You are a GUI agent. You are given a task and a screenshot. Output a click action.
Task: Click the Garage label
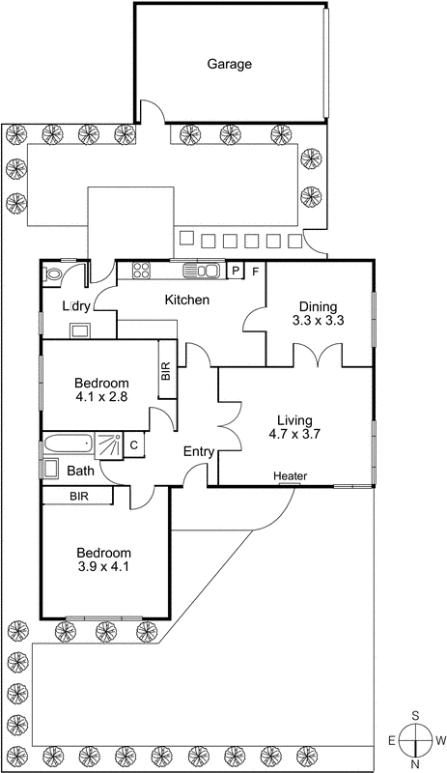tap(229, 65)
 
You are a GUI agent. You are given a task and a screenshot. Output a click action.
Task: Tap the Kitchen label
tap(186, 301)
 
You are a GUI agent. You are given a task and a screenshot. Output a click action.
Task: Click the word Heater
tap(290, 476)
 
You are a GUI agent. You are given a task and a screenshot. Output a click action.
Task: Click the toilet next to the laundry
tap(54, 274)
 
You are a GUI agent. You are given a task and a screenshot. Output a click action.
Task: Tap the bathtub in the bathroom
tap(67, 445)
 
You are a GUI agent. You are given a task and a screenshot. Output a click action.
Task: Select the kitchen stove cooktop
tap(142, 270)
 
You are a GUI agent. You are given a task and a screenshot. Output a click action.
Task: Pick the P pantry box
tap(236, 271)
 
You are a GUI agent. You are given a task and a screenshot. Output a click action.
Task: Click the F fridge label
tap(256, 271)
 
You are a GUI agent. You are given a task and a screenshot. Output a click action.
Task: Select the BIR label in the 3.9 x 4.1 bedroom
tap(78, 496)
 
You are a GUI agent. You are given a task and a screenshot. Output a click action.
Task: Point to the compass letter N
tap(415, 763)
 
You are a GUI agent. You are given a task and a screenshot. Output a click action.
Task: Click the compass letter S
tap(415, 716)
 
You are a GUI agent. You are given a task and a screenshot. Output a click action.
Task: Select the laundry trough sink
tap(78, 329)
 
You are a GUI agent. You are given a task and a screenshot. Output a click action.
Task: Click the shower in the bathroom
tap(109, 445)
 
